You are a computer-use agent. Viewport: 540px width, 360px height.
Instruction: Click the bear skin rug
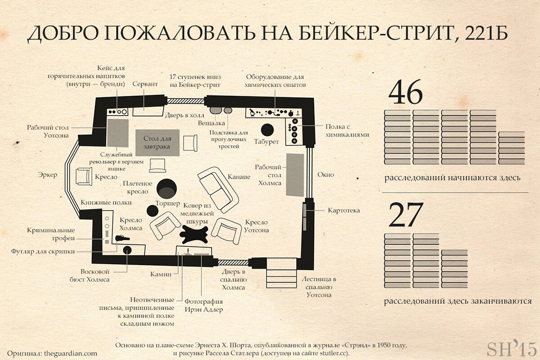coord(194,234)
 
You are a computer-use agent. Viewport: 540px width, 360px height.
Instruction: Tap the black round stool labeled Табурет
coord(267,130)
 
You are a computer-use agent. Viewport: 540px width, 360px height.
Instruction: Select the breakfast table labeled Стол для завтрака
coord(157,143)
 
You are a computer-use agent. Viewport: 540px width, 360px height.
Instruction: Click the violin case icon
coord(122,238)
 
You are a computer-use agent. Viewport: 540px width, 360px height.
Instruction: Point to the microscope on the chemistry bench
coord(252,112)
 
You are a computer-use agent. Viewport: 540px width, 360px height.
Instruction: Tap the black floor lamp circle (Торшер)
coord(153,211)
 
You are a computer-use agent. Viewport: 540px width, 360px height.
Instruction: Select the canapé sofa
coord(218,190)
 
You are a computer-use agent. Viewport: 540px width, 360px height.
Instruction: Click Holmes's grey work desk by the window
coord(295,175)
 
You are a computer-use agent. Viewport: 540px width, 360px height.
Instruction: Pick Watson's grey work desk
coord(117,133)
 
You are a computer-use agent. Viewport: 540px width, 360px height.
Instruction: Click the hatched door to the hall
coord(186,101)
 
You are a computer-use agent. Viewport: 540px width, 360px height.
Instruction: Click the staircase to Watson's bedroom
coord(281,273)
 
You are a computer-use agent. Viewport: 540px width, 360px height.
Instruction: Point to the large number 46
coord(405,92)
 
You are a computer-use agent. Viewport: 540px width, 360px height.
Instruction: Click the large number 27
coord(406,215)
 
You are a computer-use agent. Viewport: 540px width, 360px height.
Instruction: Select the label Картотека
coord(344,211)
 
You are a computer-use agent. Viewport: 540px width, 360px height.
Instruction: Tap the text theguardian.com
coord(71,354)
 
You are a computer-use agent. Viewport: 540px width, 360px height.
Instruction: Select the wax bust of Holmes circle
coord(127,250)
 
